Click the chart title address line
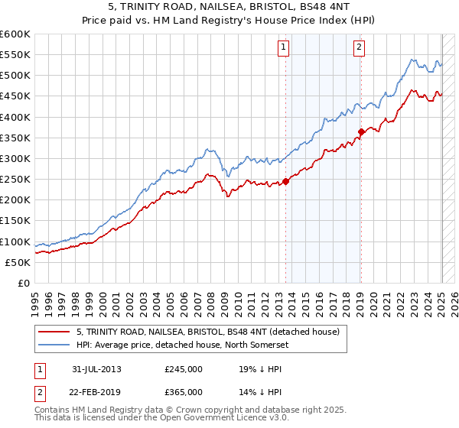[229, 8]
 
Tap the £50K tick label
[18, 262]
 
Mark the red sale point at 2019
[361, 131]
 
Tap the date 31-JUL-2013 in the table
[96, 369]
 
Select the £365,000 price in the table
[184, 391]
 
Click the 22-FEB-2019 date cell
[96, 391]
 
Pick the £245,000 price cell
[184, 369]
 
